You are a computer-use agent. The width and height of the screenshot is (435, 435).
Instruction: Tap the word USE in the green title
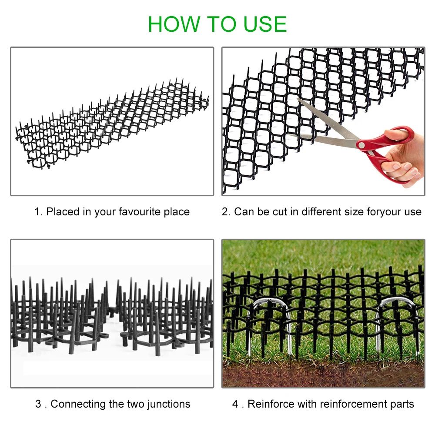coord(263,24)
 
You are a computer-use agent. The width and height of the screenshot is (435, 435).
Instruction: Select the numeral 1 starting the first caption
coord(37,212)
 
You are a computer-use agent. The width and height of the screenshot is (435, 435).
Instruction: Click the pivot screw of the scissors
coord(361,145)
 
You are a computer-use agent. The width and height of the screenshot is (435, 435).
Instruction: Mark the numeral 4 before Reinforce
coord(235,404)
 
